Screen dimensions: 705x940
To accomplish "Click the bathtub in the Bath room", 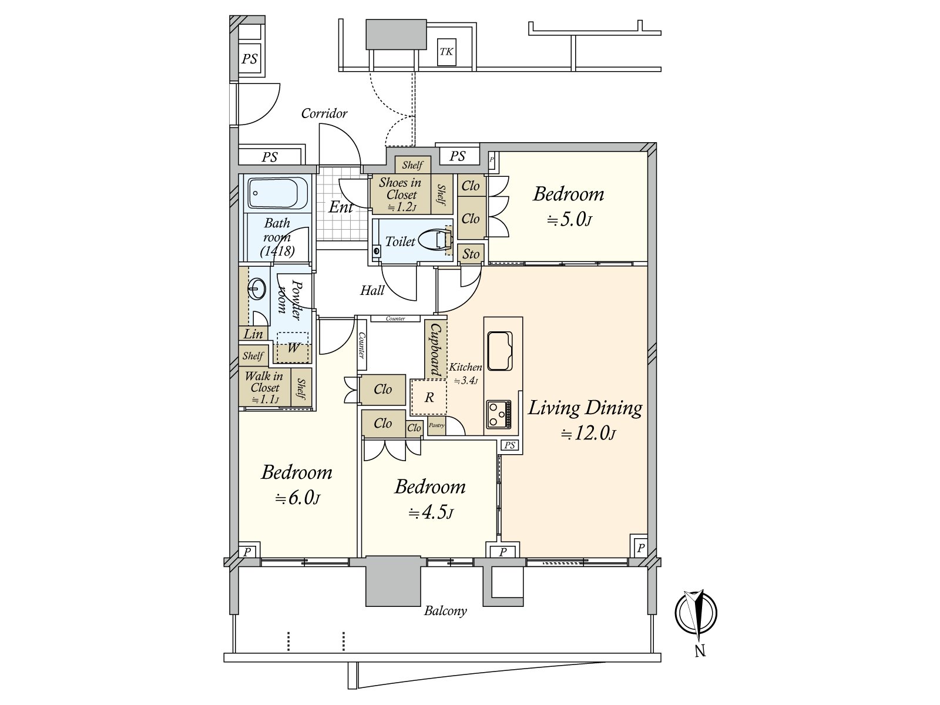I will (x=278, y=193).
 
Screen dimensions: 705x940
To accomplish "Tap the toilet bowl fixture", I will (x=436, y=240).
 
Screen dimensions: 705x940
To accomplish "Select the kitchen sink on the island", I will (x=500, y=351).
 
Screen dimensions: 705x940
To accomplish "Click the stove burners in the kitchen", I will (x=499, y=414).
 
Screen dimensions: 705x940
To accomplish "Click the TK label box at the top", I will (x=446, y=52).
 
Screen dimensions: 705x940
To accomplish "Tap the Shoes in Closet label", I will (x=401, y=189).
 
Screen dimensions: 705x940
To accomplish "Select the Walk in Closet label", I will (x=264, y=382).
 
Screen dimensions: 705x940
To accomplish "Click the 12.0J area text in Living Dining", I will (x=588, y=435).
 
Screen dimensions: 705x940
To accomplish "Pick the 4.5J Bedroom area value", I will (x=431, y=513).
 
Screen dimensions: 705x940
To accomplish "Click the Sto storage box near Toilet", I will (x=471, y=254).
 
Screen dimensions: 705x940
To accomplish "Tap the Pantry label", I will (x=436, y=425).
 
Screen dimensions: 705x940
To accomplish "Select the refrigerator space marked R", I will (x=429, y=398).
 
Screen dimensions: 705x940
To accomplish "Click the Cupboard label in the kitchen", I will (x=436, y=350).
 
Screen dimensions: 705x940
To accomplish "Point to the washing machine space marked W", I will (x=293, y=348).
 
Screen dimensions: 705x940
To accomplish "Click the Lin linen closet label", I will (x=253, y=334).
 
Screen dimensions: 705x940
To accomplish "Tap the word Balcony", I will (x=445, y=611).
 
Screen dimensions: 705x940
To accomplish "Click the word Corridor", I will (x=324, y=113).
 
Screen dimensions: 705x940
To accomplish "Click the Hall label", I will (x=372, y=290).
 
